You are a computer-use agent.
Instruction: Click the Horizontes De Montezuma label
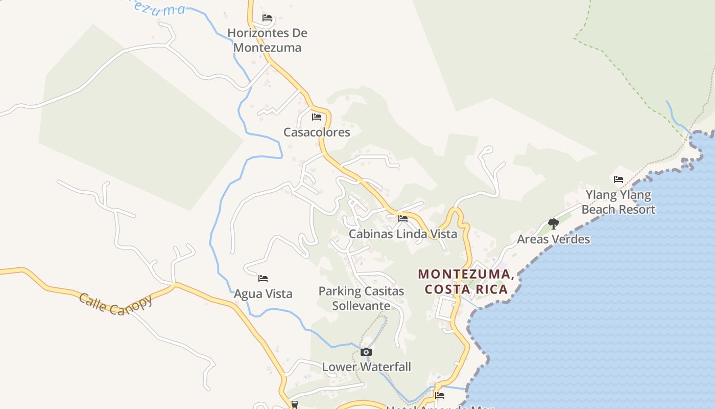[267, 40]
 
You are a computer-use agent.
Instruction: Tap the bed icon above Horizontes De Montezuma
[267, 18]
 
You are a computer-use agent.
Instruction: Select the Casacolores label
[317, 132]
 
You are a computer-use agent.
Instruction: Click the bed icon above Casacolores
[317, 117]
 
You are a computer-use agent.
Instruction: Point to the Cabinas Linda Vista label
[402, 234]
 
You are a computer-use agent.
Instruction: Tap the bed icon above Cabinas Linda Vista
[403, 219]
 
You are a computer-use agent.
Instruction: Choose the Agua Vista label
[263, 294]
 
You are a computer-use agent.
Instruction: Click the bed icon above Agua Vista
[263, 279]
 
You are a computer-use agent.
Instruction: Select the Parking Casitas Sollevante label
[361, 299]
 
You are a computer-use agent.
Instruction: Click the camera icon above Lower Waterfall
[366, 352]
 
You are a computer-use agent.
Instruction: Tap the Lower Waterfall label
[366, 367]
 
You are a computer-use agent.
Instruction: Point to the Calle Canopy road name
[115, 304]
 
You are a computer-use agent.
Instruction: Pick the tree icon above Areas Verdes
[553, 223]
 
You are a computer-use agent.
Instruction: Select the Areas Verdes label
[553, 239]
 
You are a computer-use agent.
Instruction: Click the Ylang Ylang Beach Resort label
[618, 202]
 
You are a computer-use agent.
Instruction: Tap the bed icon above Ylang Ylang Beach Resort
[618, 179]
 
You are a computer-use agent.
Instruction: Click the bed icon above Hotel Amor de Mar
[440, 395]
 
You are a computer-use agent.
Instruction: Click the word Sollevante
[361, 306]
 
